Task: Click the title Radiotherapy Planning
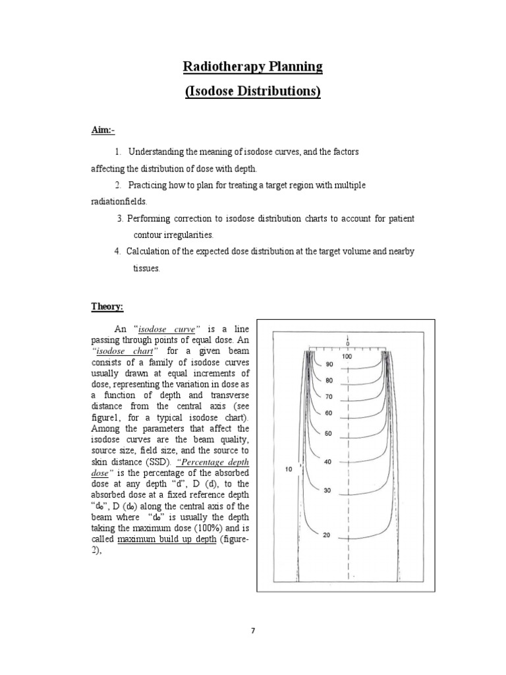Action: (x=253, y=67)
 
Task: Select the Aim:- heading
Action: (x=102, y=130)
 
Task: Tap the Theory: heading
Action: (x=107, y=305)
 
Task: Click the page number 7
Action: (x=253, y=631)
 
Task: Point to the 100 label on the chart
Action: (x=347, y=357)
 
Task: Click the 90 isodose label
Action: (x=329, y=365)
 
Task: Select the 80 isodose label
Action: (x=329, y=380)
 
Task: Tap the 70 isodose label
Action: (x=329, y=397)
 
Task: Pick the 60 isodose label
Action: (x=329, y=413)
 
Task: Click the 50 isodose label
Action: (x=329, y=434)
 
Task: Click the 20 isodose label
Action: (x=327, y=535)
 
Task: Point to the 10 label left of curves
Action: (x=288, y=469)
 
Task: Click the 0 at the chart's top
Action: (x=347, y=343)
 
